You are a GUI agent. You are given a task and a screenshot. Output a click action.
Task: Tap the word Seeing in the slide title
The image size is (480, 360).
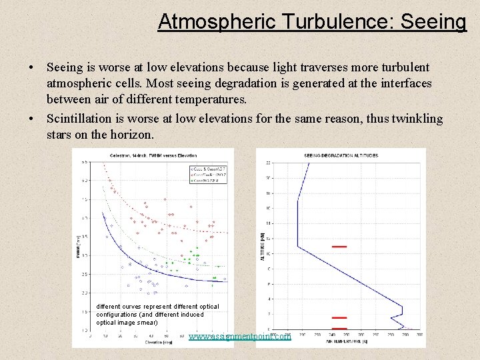[x=434, y=21]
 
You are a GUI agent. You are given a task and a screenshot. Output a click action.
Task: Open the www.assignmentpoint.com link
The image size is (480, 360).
[x=240, y=337]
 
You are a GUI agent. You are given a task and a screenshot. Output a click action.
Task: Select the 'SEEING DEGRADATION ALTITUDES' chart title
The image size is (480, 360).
[x=341, y=155]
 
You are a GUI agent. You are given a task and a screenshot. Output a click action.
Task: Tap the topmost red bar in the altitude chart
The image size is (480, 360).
[x=339, y=246]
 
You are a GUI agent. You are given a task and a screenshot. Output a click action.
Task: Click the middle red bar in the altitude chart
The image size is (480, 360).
[x=339, y=318]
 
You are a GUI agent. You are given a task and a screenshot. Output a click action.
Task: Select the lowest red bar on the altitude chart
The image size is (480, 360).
[x=339, y=329]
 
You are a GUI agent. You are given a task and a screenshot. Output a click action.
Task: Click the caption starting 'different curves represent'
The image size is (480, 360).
[x=157, y=314]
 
